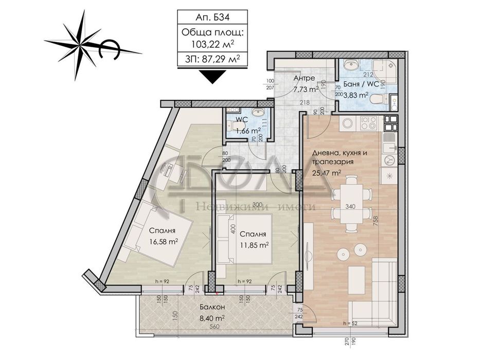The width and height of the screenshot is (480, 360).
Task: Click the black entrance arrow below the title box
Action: coord(213,76)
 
